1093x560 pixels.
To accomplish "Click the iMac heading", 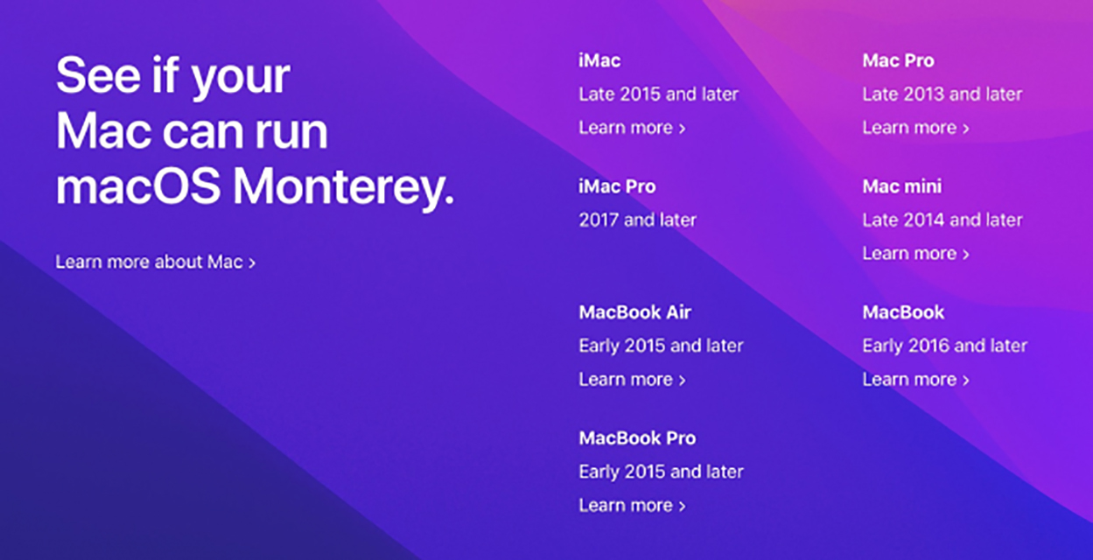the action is pyautogui.click(x=599, y=60).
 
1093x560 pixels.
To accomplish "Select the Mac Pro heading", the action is pyautogui.click(x=899, y=60).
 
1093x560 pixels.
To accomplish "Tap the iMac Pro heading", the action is pyautogui.click(x=617, y=186).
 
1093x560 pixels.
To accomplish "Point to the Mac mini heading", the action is pyautogui.click(x=902, y=186).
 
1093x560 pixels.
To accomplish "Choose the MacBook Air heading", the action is pyautogui.click(x=634, y=312).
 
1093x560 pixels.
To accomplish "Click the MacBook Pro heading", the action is pyautogui.click(x=637, y=438).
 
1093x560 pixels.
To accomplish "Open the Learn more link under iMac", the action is pyautogui.click(x=633, y=128).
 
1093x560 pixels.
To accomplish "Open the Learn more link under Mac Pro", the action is pyautogui.click(x=916, y=128).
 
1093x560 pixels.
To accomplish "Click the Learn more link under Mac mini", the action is pyautogui.click(x=916, y=254).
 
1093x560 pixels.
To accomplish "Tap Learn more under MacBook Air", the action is pyautogui.click(x=633, y=380).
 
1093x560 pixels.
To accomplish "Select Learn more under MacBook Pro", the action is pyautogui.click(x=633, y=506).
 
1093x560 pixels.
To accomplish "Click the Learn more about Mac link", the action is pyautogui.click(x=156, y=262).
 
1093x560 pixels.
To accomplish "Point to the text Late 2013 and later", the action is pyautogui.click(x=942, y=94).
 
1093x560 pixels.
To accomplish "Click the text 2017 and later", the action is pyautogui.click(x=638, y=220).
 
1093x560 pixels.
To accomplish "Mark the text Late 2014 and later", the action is pyautogui.click(x=942, y=220).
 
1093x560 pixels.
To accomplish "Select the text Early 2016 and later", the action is pyautogui.click(x=944, y=346).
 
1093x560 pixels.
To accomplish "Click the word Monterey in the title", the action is pyautogui.click(x=344, y=188).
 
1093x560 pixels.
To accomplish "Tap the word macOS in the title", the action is pyautogui.click(x=138, y=187).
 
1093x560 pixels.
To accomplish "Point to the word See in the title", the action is pyautogui.click(x=99, y=74).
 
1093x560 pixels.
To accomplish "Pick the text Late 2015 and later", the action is pyautogui.click(x=659, y=94).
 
